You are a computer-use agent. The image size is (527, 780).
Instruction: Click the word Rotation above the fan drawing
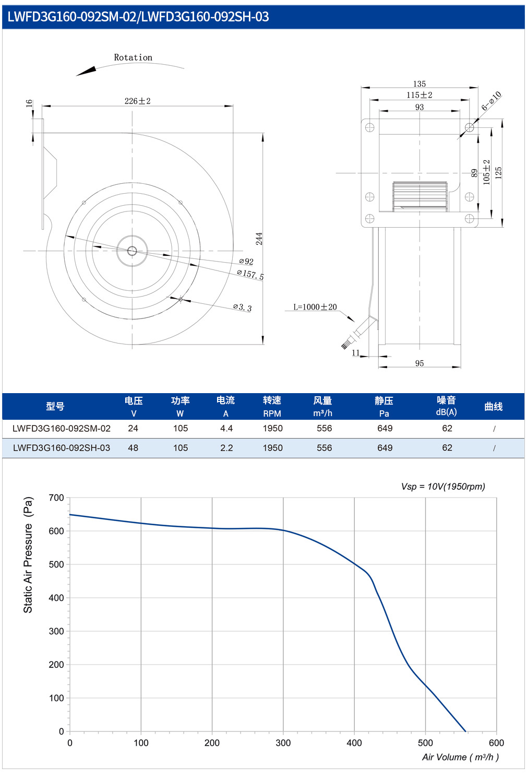pyautogui.click(x=133, y=57)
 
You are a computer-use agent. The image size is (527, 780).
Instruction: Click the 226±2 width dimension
pyautogui.click(x=138, y=101)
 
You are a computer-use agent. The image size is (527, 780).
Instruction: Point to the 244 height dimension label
pyautogui.click(x=259, y=239)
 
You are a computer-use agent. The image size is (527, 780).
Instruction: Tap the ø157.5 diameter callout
pyautogui.click(x=250, y=275)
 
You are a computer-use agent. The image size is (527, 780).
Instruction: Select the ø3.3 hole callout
pyautogui.click(x=242, y=307)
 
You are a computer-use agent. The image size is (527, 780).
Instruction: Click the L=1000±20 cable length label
pyautogui.click(x=315, y=307)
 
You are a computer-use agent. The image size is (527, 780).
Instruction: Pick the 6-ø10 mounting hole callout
pyautogui.click(x=492, y=101)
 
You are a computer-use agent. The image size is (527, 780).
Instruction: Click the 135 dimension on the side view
pyautogui.click(x=420, y=84)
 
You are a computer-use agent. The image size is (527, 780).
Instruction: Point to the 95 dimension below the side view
pyautogui.click(x=420, y=363)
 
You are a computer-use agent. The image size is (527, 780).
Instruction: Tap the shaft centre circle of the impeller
pyautogui.click(x=132, y=251)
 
